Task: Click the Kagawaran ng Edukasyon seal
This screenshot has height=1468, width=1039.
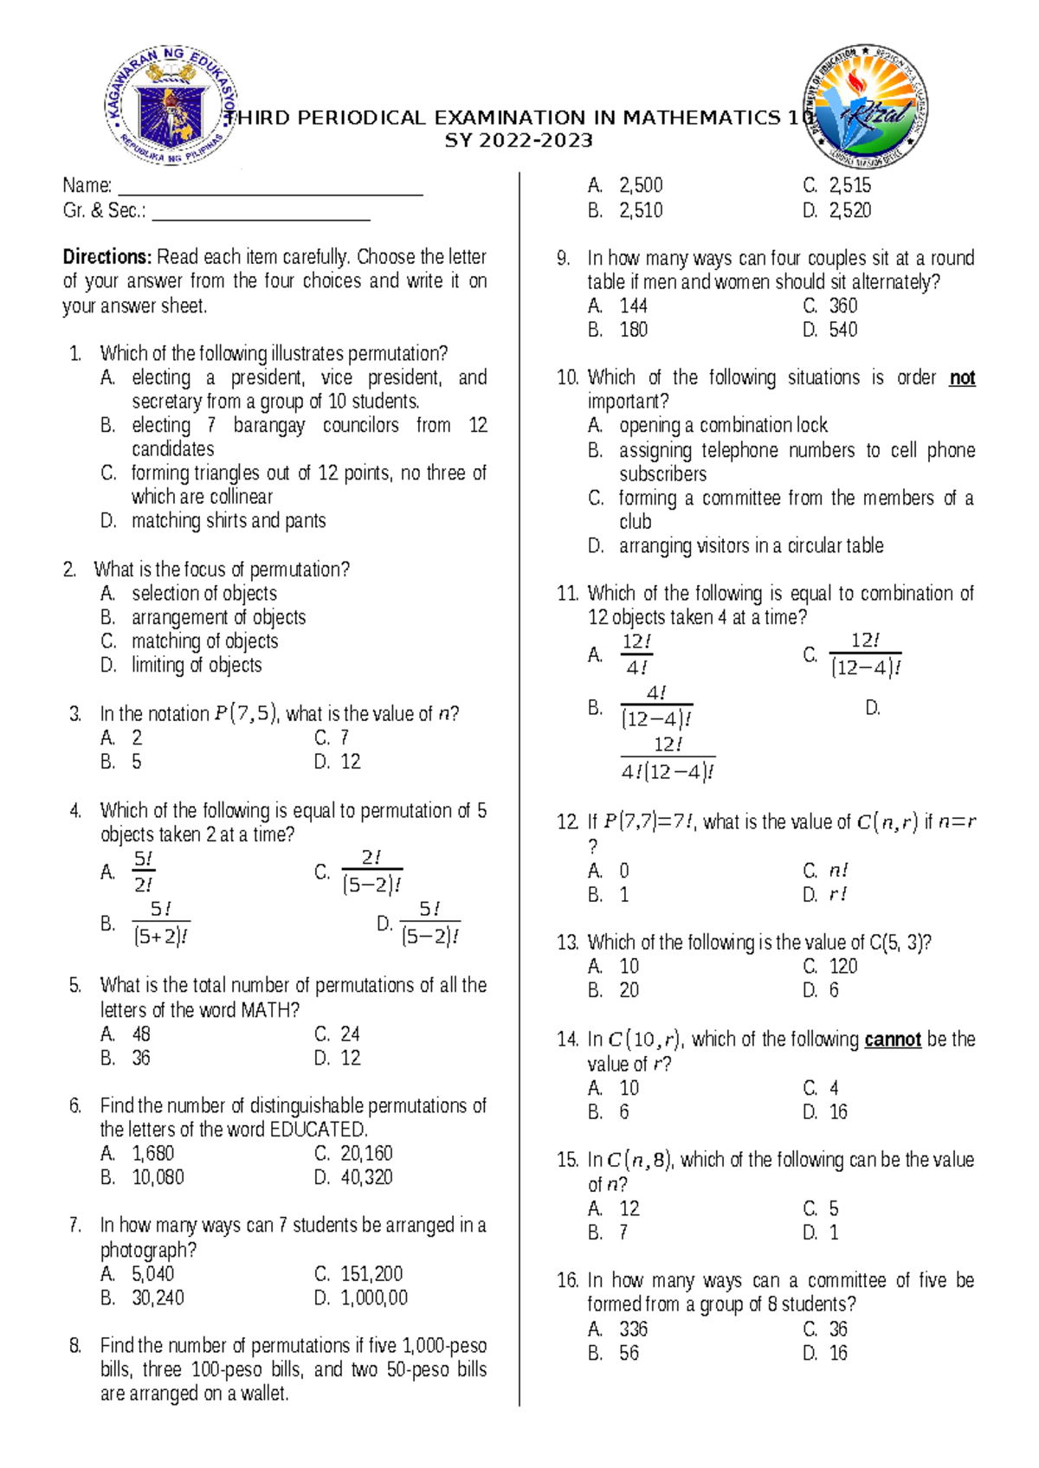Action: pos(171,106)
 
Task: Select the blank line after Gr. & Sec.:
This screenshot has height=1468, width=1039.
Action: pos(261,213)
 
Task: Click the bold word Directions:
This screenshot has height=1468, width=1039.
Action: pos(107,257)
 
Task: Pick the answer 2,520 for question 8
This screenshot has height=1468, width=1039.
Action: pos(849,210)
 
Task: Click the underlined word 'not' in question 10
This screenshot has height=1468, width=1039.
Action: pos(962,377)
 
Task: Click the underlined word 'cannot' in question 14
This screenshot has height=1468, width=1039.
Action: pos(892,1039)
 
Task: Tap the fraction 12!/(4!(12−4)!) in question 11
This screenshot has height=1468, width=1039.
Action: pos(668,758)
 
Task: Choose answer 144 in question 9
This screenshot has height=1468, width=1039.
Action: pos(633,306)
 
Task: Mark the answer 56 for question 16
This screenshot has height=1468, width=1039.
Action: pos(629,1353)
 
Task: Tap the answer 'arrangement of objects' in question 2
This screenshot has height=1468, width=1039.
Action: pos(218,617)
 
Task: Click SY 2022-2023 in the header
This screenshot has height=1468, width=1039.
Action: pos(519,141)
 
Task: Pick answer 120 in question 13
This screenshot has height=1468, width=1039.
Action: pos(842,966)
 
